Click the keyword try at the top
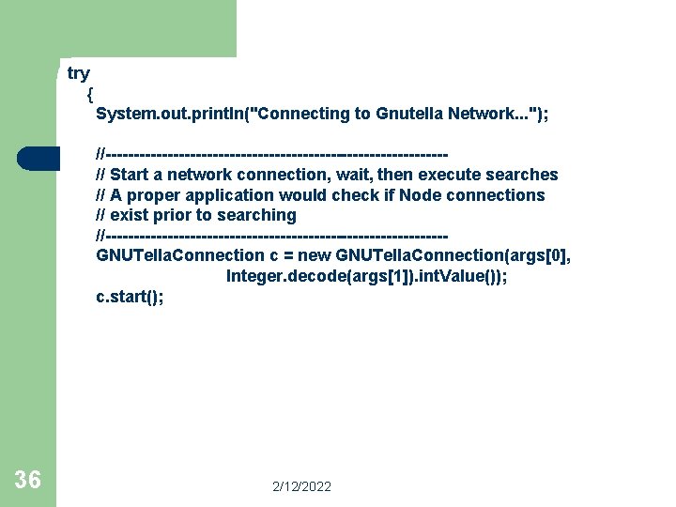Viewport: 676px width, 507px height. point(79,73)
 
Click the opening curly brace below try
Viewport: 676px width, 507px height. point(89,94)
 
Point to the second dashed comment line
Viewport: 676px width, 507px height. point(272,235)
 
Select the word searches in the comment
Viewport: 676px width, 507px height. point(521,175)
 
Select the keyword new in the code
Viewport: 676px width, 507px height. point(315,255)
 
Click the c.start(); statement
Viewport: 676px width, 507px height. point(130,297)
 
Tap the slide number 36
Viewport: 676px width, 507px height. point(28,481)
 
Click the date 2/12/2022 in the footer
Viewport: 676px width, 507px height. point(301,486)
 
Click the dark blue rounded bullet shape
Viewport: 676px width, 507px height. point(38,159)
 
